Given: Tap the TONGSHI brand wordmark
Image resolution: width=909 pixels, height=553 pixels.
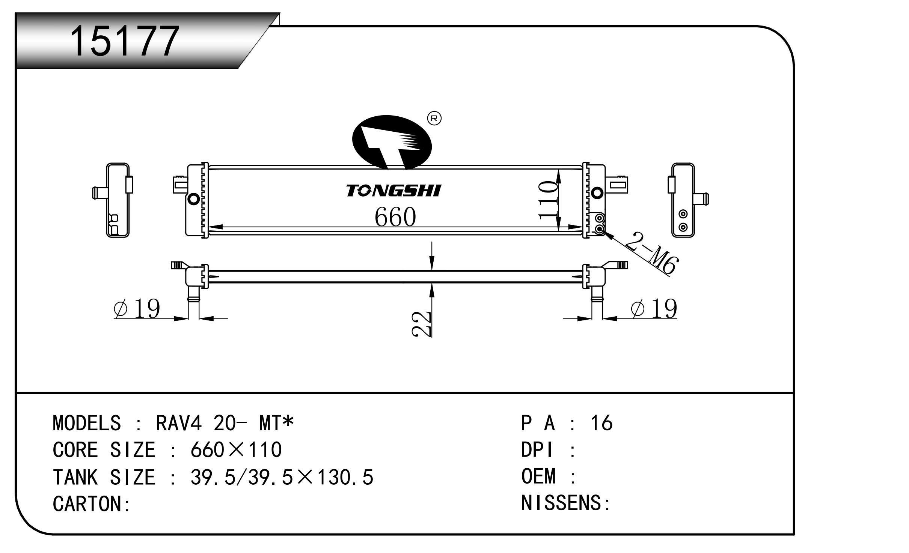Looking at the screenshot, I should tap(393, 191).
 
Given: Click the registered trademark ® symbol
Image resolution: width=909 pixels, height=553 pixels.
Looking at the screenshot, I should tap(434, 119).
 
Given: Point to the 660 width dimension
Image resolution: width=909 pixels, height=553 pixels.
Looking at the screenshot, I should tap(395, 217).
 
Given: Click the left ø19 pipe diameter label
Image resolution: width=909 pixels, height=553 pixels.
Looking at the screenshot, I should tap(137, 308).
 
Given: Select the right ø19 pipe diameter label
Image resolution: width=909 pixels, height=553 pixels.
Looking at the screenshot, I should tap(654, 308).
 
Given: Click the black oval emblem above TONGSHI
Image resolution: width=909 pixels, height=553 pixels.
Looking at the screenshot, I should tap(392, 143).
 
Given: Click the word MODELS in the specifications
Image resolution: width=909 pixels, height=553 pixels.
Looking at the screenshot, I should tap(87, 423).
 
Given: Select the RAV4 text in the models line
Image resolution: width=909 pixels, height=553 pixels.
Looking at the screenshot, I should tap(179, 423).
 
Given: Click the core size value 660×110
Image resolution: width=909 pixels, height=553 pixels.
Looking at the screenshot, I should tap(236, 450).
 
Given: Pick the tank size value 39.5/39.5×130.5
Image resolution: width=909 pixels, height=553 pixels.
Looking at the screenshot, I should tap(282, 477).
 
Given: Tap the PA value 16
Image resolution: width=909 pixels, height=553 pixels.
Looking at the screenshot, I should tap(601, 423).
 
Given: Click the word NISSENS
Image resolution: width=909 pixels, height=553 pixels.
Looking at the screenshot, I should tap(561, 503).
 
